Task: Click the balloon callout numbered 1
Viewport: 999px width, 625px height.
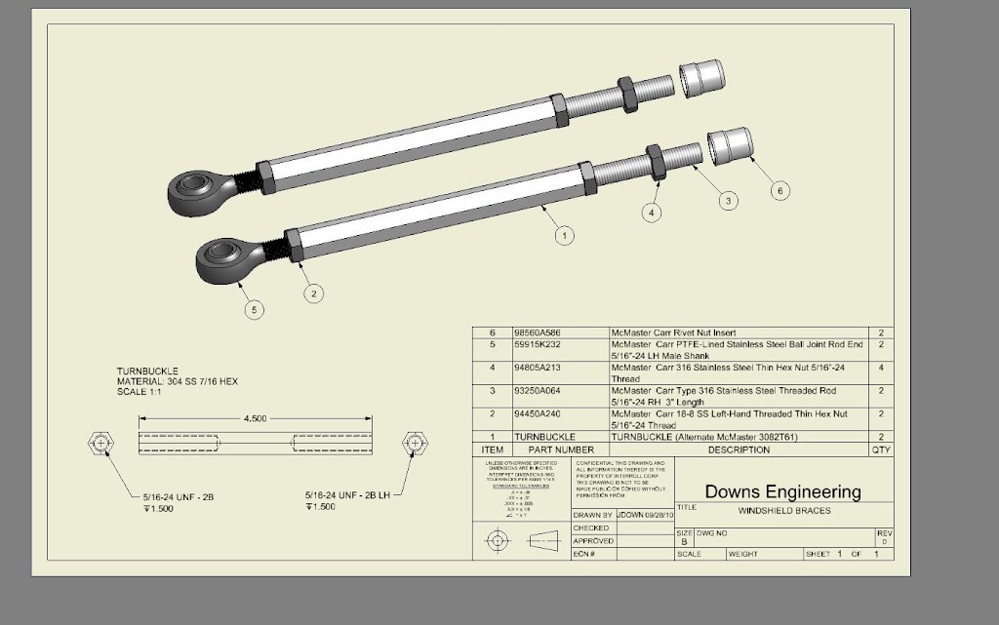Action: coord(563,234)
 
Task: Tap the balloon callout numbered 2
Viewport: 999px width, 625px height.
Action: coord(312,293)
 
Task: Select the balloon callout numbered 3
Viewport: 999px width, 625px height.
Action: coord(728,201)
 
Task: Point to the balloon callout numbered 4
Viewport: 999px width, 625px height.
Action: coord(652,212)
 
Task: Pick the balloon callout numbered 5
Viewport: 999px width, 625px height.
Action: coord(254,310)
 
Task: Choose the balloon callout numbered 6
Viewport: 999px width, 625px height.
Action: coord(779,191)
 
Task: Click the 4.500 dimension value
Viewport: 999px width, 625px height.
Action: coord(254,418)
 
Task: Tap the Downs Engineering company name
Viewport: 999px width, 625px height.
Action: coord(782,491)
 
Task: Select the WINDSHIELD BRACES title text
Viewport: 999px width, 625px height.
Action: coord(783,510)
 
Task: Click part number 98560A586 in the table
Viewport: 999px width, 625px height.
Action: coord(538,332)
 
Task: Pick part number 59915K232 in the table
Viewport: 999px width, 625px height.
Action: coord(538,344)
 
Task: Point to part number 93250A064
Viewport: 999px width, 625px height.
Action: coord(538,391)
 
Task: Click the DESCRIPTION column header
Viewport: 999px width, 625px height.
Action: coord(739,449)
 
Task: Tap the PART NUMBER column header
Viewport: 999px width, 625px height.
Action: coord(561,449)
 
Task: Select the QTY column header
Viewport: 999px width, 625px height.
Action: coord(881,449)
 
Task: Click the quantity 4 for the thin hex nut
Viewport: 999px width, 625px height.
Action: coord(881,368)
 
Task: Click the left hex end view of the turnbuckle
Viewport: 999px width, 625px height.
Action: coord(101,444)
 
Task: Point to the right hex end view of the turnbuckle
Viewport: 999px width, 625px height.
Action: coord(415,444)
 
